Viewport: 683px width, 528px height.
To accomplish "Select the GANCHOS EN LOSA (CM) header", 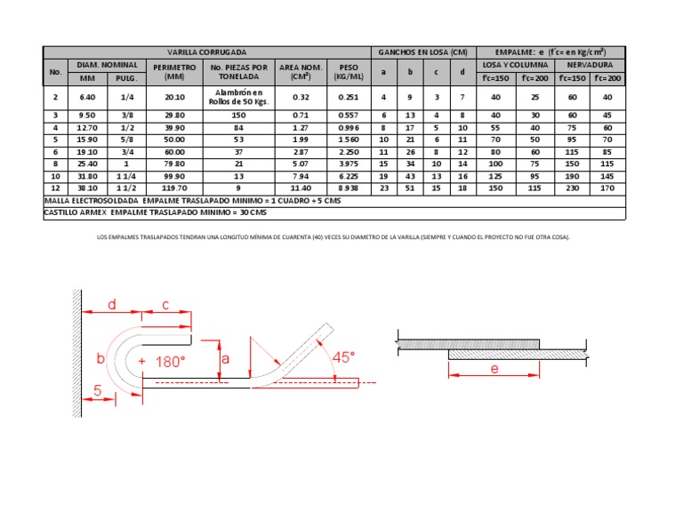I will pyautogui.click(x=422, y=52).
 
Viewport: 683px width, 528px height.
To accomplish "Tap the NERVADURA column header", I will pyautogui.click(x=590, y=65).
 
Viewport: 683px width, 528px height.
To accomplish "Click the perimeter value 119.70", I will pyautogui.click(x=168, y=188).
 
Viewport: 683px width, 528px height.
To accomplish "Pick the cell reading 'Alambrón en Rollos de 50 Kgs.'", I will pyautogui.click(x=237, y=97).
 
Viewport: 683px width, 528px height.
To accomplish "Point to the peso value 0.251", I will pyautogui.click(x=349, y=97).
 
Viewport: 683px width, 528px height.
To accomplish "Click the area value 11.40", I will pyautogui.click(x=301, y=188).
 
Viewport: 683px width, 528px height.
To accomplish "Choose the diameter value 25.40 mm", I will pyautogui.click(x=87, y=164).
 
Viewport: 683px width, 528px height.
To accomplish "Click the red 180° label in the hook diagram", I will pyautogui.click(x=171, y=362).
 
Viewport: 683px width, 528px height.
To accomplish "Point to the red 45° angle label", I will pyautogui.click(x=342, y=356).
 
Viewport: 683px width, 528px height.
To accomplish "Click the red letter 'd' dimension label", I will pyautogui.click(x=112, y=305).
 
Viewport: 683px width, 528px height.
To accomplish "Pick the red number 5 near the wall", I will pyautogui.click(x=99, y=389).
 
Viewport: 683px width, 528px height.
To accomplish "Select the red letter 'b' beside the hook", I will pyautogui.click(x=100, y=358).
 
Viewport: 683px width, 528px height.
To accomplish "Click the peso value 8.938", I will pyautogui.click(x=349, y=188).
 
